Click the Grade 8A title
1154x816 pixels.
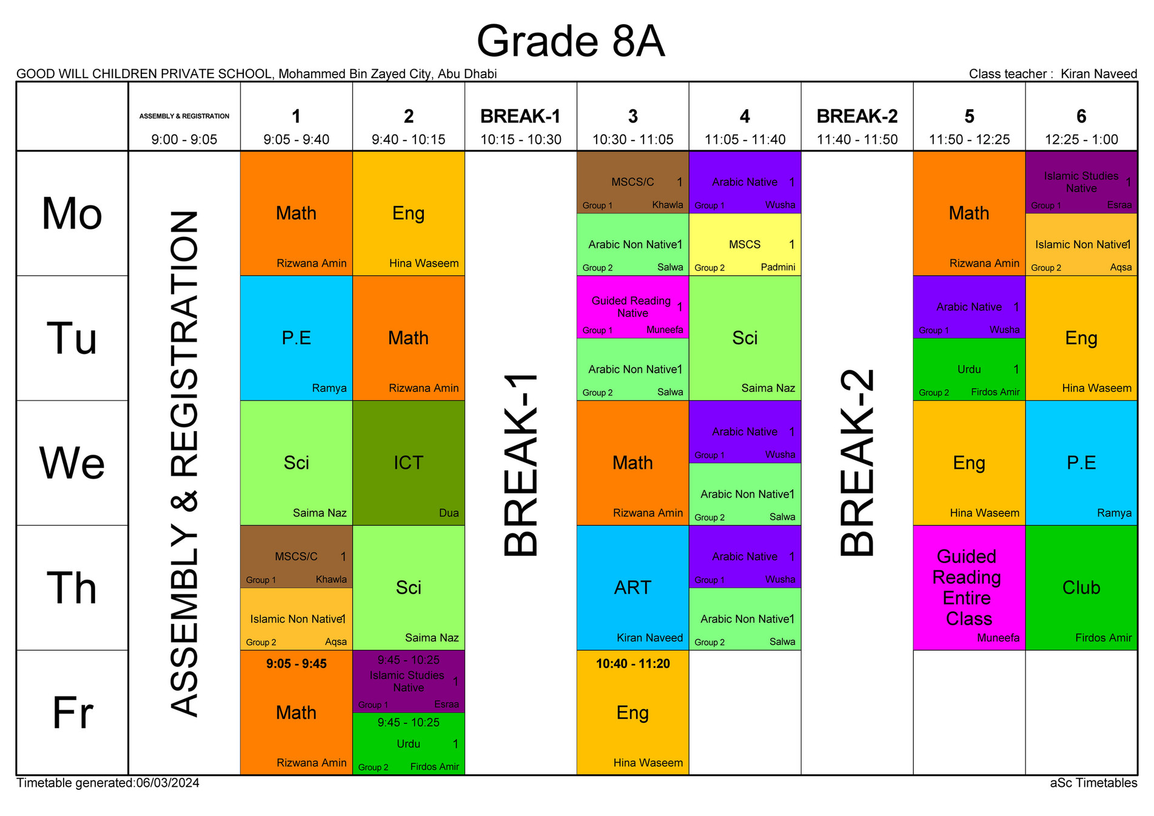[570, 41]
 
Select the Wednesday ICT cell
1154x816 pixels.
[408, 463]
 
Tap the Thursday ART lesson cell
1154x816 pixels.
[632, 587]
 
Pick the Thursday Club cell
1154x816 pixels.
[1081, 587]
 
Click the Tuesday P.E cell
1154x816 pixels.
[296, 338]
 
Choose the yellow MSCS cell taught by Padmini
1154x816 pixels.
[745, 245]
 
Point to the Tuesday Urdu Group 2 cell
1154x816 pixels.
[968, 370]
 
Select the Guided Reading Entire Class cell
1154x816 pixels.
[968, 587]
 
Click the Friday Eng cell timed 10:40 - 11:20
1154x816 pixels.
[632, 712]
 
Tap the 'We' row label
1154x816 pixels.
[72, 463]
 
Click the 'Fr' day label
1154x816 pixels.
[72, 712]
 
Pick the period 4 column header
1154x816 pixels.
[745, 116]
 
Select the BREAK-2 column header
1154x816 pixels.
[857, 116]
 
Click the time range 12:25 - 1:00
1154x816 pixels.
[1081, 139]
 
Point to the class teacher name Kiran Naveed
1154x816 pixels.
[1098, 74]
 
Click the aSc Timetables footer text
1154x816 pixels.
[1093, 783]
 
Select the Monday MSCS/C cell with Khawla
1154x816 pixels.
[632, 182]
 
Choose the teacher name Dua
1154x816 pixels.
[448, 513]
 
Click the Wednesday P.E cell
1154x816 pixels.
[1081, 463]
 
